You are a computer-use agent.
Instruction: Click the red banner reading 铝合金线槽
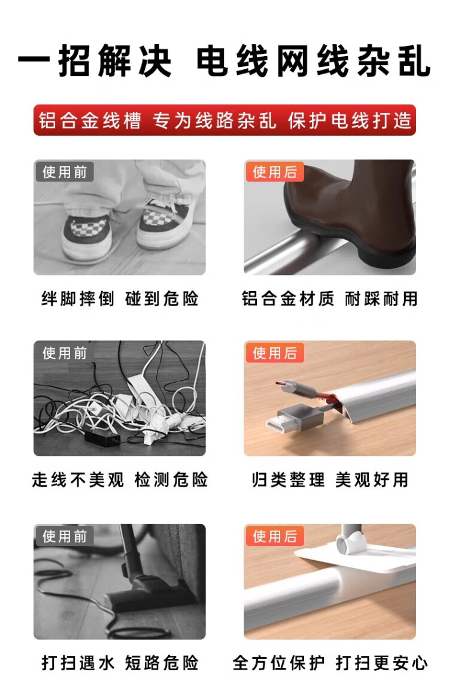tap(224, 120)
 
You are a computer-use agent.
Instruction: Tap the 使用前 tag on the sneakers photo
tap(65, 172)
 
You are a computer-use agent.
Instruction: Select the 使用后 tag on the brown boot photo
tap(275, 172)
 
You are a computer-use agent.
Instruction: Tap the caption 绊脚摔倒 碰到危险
tap(120, 299)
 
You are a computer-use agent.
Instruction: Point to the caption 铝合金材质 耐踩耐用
tap(329, 299)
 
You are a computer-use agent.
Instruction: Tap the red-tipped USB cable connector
tap(296, 388)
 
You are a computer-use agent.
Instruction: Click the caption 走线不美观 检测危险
tap(120, 480)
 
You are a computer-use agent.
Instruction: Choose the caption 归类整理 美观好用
tap(330, 480)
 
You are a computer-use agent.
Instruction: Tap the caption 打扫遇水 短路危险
tap(120, 662)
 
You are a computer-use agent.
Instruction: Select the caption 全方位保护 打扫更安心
tap(330, 662)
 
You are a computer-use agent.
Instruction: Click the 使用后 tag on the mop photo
tap(275, 536)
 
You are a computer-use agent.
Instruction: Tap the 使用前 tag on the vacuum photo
tap(65, 536)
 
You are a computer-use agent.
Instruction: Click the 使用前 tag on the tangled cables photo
tap(65, 353)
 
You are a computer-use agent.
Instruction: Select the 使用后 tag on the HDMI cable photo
tap(275, 353)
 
